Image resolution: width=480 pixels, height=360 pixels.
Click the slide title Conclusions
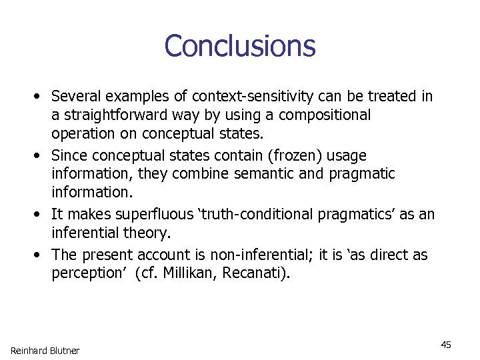coord(239,46)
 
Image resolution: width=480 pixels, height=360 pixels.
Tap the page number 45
coord(446,344)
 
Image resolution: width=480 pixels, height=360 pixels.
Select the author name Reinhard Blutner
coord(45,351)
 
